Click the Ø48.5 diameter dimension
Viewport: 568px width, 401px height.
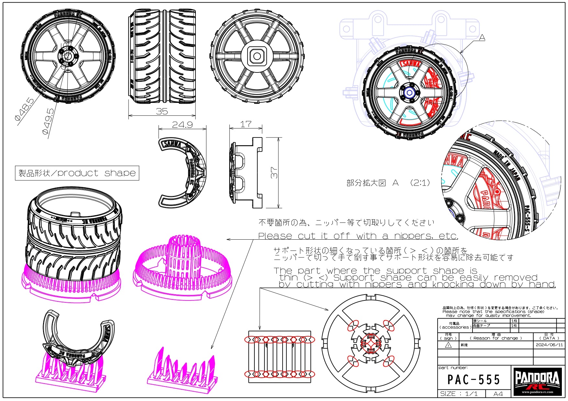(x=25, y=109)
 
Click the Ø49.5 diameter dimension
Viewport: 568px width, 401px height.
(x=48, y=121)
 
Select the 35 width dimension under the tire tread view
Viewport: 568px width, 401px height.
(x=162, y=111)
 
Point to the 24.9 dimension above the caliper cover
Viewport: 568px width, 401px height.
(x=182, y=125)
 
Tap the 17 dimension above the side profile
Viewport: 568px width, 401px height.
(x=246, y=124)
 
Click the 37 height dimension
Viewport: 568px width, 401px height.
(x=274, y=173)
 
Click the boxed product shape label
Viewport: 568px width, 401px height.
(x=77, y=173)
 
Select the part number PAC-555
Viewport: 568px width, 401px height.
(x=474, y=380)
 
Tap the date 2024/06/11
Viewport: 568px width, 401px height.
(x=549, y=345)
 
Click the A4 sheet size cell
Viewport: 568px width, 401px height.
(x=498, y=394)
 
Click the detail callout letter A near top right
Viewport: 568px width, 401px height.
(x=482, y=38)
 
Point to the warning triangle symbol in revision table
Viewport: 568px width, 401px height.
(x=448, y=345)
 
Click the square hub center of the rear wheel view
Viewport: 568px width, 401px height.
(x=257, y=56)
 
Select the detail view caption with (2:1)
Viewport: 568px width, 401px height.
(x=388, y=183)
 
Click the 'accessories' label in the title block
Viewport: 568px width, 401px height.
(x=455, y=327)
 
